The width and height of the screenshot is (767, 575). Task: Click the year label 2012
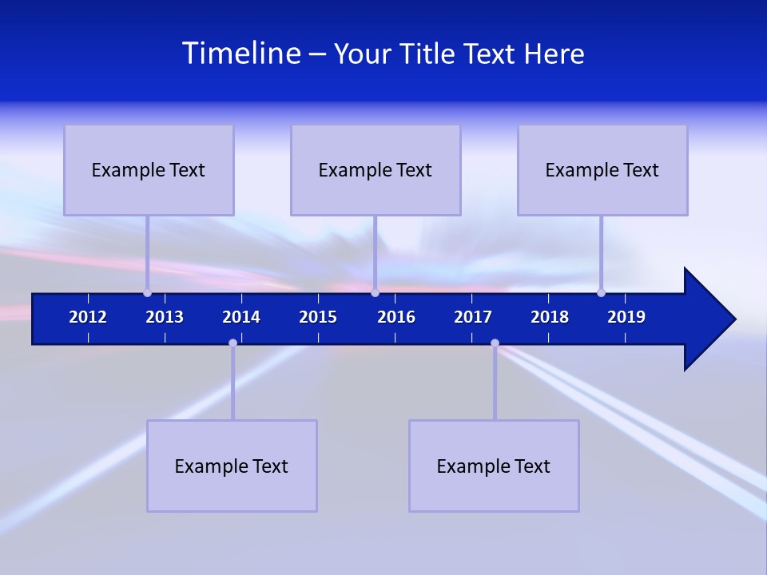(88, 317)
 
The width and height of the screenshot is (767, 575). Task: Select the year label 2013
(165, 317)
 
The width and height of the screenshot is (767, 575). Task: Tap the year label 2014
(241, 317)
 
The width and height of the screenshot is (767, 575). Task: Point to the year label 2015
(318, 317)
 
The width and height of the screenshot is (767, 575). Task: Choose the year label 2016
(396, 317)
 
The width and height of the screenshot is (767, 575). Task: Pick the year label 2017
(473, 317)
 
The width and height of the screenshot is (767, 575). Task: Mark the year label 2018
(550, 317)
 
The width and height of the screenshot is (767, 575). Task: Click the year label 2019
(626, 317)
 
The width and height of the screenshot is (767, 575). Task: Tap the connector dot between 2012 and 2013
(147, 292)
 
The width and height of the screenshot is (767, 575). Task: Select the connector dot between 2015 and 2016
(375, 292)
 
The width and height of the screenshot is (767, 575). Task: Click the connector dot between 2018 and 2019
(601, 292)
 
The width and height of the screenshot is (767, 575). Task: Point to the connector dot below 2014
(232, 343)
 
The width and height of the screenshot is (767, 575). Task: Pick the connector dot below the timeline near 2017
(495, 343)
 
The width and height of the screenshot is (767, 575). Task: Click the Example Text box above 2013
(149, 169)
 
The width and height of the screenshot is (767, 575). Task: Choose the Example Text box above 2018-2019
(602, 169)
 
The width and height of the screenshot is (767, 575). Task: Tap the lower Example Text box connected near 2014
(232, 466)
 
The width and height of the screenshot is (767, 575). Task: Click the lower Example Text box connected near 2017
(494, 466)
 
